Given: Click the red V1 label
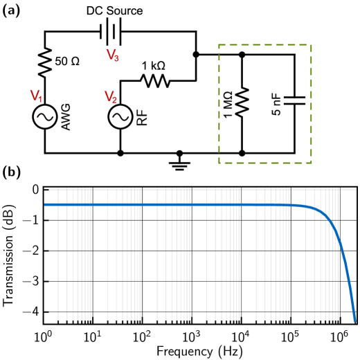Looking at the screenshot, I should click(36, 96).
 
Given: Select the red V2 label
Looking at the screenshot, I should click(111, 98).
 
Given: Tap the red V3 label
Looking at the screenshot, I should click(112, 55).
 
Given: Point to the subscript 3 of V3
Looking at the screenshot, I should click(116, 59).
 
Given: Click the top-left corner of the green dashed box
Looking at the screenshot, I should click(219, 45).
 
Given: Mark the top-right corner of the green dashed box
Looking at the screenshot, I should click(311, 45).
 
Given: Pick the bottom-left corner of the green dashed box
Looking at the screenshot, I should click(219, 163).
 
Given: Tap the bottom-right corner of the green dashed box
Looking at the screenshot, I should click(311, 163).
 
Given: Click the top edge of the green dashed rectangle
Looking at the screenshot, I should click(265, 45).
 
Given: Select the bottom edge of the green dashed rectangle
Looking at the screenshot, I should click(265, 163).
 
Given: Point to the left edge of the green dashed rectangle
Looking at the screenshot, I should click(219, 104).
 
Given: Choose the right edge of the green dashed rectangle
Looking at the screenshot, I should click(311, 104).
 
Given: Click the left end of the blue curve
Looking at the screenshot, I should click(46, 204).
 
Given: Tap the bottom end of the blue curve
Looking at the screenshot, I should click(354, 320).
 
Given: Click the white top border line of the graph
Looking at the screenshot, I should click(201, 189).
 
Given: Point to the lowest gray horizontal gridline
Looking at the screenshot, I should click(201, 282).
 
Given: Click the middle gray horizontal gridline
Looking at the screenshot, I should click(201, 251).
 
